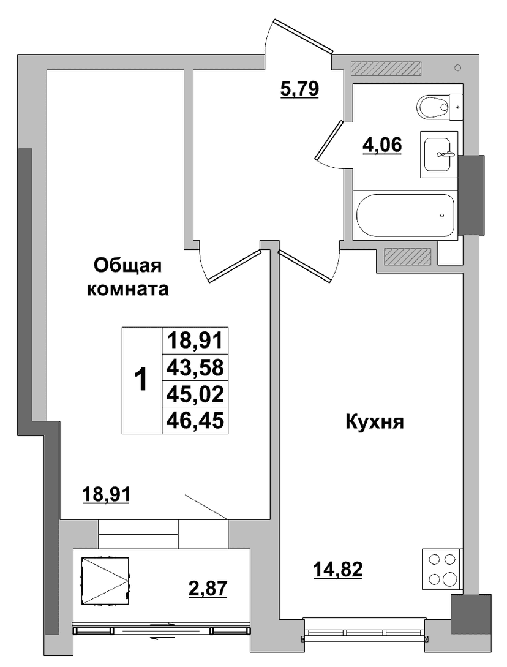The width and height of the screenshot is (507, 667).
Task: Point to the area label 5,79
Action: (x=299, y=89)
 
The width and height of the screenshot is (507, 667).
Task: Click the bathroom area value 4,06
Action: (x=381, y=146)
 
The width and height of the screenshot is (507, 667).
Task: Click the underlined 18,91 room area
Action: (x=105, y=494)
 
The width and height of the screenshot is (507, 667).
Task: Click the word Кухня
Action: (x=374, y=423)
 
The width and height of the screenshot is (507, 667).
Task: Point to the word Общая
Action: (x=127, y=266)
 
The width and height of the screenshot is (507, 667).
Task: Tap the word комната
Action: (x=127, y=290)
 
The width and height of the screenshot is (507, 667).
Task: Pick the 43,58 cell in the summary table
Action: (x=195, y=367)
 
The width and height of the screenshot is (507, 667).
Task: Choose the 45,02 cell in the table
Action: (x=195, y=394)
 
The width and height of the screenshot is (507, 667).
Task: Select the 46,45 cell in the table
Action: (x=195, y=421)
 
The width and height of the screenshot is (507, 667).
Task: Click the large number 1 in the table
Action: (x=141, y=380)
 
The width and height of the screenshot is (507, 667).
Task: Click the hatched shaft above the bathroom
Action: (x=385, y=69)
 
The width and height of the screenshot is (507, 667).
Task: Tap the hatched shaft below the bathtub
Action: (x=407, y=256)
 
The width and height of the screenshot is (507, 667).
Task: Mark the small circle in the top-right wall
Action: (x=457, y=67)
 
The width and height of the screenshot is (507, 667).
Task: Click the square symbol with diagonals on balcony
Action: (x=105, y=580)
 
